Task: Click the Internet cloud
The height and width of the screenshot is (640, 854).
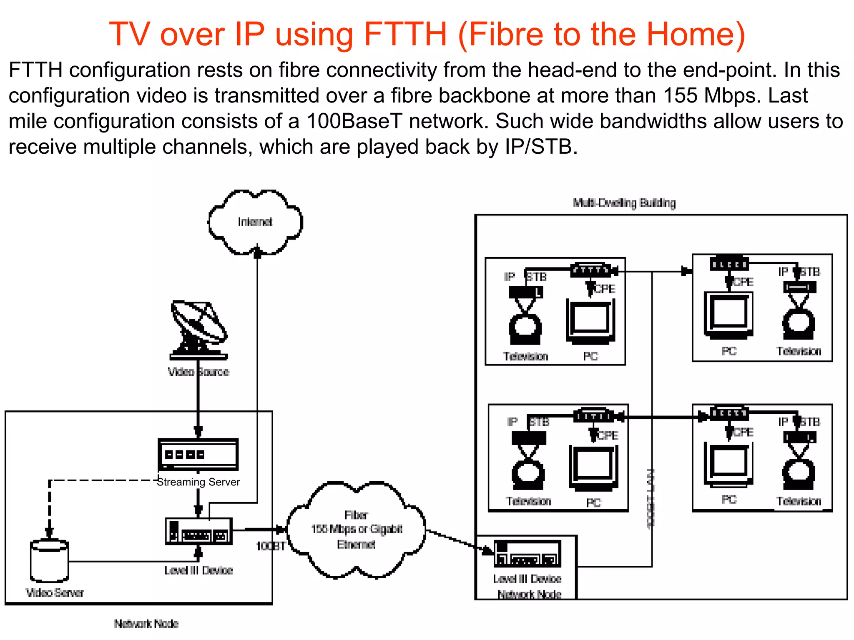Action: tap(255, 222)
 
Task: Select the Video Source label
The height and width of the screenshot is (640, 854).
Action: tap(198, 372)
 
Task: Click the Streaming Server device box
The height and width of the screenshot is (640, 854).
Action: tap(198, 455)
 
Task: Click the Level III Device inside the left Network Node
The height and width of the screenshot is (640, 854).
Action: tap(198, 532)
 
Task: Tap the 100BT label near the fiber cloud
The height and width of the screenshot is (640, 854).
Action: tap(270, 546)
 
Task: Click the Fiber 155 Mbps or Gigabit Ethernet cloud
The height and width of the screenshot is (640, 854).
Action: tap(357, 530)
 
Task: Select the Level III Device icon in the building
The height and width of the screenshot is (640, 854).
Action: tap(527, 554)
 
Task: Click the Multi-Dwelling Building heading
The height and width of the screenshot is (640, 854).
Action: tap(624, 203)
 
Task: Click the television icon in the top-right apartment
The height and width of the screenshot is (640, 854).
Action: tap(799, 323)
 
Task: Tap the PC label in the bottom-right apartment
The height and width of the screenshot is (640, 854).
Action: tap(729, 499)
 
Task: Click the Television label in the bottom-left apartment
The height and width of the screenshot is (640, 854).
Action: tap(528, 501)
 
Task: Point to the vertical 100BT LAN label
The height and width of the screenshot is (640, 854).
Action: tap(651, 498)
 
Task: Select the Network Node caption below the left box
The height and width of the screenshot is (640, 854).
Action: tap(146, 624)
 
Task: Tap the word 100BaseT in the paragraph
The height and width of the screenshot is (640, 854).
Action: tap(354, 122)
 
